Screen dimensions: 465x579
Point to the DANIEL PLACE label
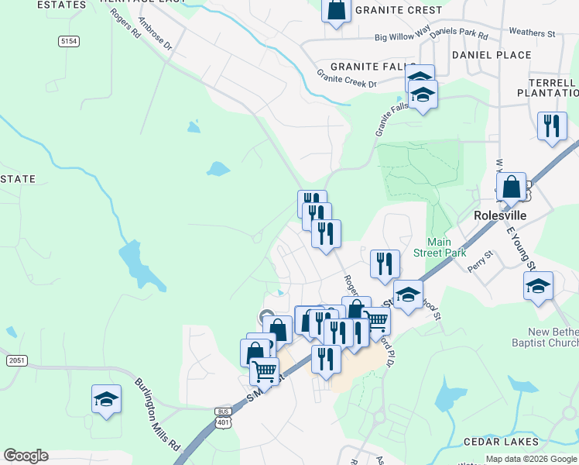492,55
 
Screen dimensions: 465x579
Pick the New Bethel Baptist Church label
545,336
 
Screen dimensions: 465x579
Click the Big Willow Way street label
402,36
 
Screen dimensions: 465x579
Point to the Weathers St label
532,33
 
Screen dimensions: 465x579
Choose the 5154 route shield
69,40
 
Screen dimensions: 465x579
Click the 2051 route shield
15,360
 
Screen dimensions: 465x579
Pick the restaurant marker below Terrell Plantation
552,126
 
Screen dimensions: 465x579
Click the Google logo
26,456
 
